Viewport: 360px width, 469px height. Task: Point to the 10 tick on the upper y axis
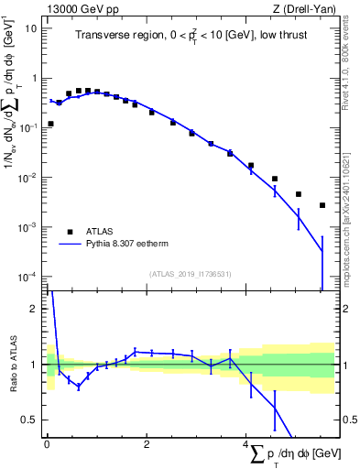pos(32,27)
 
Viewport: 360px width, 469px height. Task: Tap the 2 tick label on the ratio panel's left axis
pos(36,309)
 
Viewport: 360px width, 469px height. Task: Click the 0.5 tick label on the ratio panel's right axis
pos(348,420)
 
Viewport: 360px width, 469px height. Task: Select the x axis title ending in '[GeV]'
pos(293,454)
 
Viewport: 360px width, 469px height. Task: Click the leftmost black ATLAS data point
pos(50,124)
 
